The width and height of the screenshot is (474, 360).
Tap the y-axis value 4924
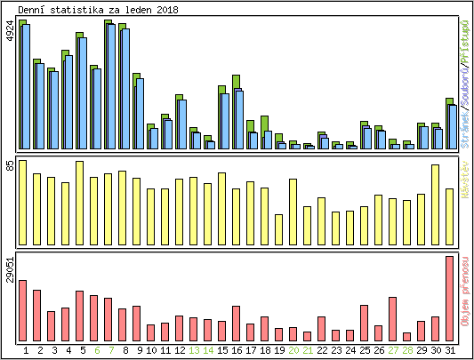point(10,31)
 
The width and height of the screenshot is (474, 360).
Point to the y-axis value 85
point(10,165)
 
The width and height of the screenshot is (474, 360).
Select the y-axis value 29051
point(10,269)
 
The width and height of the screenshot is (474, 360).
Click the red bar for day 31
point(450,299)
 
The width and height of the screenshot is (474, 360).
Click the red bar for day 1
point(23,310)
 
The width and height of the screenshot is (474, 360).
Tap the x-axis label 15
point(222,350)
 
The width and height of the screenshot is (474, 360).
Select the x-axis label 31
point(450,350)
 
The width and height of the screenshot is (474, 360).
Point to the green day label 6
point(94,350)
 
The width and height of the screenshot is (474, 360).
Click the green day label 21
point(308,350)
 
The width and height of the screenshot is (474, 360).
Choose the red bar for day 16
point(237,324)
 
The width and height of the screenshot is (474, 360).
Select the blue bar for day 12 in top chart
point(182,124)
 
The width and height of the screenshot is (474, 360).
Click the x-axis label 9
point(137,350)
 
